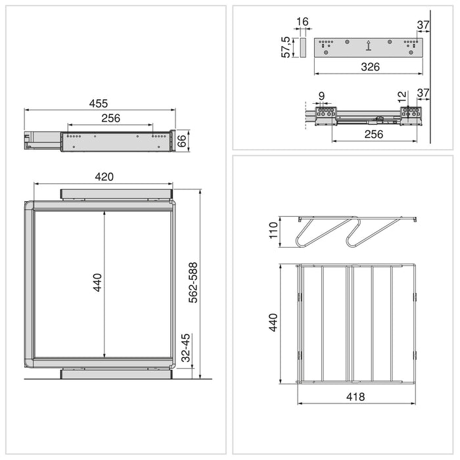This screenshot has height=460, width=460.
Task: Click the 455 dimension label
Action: coord(99,103)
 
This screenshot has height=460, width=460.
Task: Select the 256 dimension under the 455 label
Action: coord(110,119)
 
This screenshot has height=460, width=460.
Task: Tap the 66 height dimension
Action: coord(184,140)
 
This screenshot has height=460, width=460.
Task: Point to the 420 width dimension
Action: coord(104,177)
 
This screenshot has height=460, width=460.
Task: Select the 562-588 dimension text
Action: coord(193,283)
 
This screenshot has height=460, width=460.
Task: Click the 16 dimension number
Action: coord(302,22)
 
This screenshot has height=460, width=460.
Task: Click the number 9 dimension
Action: coord(321,97)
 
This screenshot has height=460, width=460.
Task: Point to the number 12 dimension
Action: coord(402,96)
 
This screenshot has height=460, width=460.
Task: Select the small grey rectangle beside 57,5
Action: coord(303,47)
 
